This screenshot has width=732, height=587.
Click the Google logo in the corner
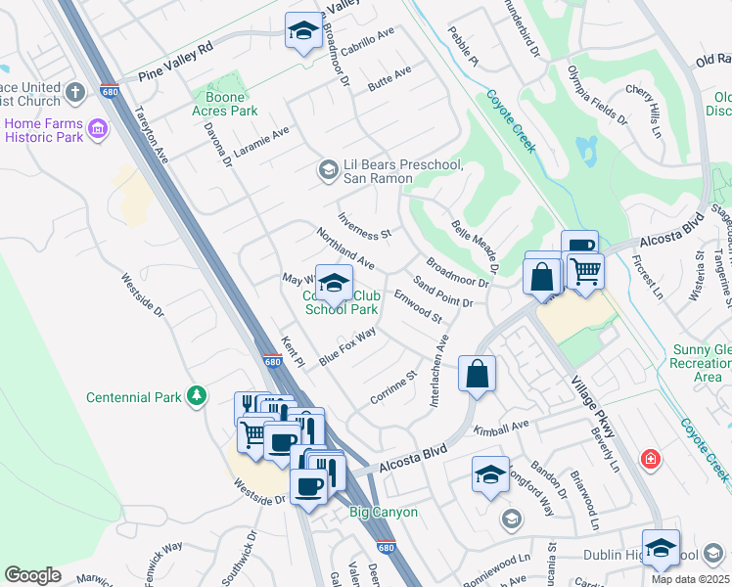coord(32,575)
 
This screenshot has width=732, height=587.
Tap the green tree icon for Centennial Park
coord(198,395)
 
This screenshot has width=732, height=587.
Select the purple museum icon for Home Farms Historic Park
coord(97,129)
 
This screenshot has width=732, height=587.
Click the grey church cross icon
coord(75,95)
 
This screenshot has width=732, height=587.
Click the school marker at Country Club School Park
coord(334,285)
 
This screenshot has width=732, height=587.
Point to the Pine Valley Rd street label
coord(176,61)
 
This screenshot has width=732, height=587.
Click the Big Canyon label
coord(384,512)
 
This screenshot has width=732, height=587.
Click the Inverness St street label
coord(364,227)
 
